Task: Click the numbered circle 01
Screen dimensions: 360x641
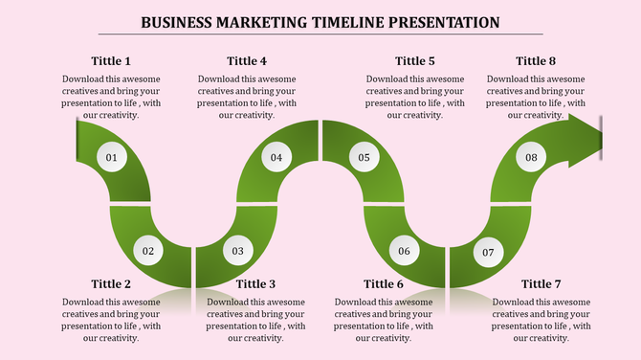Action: (x=112, y=157)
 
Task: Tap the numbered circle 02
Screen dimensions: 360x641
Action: (x=148, y=251)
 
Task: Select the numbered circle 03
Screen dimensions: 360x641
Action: (x=237, y=251)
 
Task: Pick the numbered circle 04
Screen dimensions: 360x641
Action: (x=276, y=157)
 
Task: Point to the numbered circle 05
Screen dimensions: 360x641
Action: (x=365, y=157)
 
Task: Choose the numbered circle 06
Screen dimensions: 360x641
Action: (x=404, y=251)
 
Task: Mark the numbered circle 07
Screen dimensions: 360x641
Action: (x=488, y=253)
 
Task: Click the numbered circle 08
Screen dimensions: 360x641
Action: (x=531, y=157)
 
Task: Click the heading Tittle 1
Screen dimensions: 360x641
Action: (x=111, y=61)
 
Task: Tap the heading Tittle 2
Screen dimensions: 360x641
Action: (x=111, y=283)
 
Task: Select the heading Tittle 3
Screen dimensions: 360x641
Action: (x=256, y=283)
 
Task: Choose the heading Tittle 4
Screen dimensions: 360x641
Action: (x=247, y=61)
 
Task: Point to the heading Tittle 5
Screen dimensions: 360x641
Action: (x=415, y=61)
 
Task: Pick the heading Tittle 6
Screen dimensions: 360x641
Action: (x=384, y=283)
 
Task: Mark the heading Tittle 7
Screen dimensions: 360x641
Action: (x=542, y=283)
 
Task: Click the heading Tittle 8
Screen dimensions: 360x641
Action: (x=536, y=61)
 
